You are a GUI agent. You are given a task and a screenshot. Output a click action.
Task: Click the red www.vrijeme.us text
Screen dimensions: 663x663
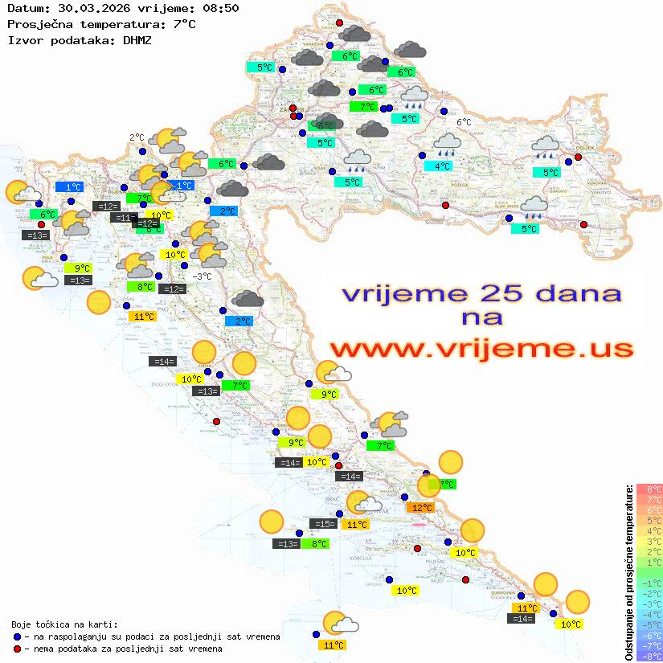(x=481, y=349)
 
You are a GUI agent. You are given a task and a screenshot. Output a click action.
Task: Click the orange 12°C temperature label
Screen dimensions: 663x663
(x=421, y=507)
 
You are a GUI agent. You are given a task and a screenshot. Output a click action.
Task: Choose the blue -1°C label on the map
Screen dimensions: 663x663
(x=182, y=186)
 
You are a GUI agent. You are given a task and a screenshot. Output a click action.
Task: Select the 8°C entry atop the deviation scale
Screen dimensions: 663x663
(x=649, y=489)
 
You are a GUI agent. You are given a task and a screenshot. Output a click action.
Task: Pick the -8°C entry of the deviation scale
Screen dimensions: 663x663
(x=649, y=656)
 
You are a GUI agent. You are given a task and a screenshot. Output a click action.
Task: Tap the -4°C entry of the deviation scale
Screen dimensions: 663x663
(x=649, y=614)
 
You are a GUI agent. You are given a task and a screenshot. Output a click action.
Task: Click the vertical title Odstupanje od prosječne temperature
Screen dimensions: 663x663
(x=629, y=572)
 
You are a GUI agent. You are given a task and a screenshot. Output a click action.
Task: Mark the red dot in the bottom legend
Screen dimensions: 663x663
(x=17, y=649)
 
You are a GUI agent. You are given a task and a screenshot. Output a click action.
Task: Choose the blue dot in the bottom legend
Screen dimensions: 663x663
(x=17, y=636)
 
